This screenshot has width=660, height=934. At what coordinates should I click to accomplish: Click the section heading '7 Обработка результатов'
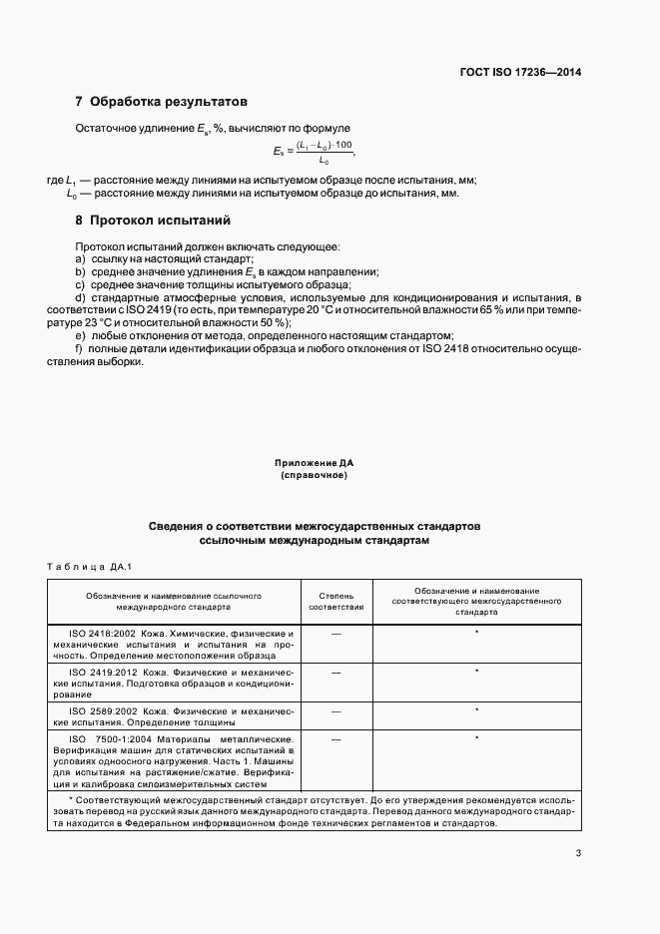click(x=161, y=102)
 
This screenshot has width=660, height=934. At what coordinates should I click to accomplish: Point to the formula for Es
click(x=314, y=153)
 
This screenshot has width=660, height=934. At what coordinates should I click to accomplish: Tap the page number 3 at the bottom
click(x=579, y=852)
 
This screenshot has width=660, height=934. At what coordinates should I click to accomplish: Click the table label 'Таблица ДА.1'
click(x=89, y=567)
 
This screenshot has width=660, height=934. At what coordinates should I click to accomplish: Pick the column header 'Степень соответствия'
click(x=335, y=601)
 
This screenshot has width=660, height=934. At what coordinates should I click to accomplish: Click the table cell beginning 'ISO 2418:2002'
click(x=175, y=645)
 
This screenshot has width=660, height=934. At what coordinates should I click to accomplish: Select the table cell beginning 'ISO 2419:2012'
click(x=175, y=684)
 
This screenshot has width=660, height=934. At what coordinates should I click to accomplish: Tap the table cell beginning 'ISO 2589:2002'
click(x=175, y=716)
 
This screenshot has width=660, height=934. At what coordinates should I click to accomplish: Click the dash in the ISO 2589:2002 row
click(x=335, y=711)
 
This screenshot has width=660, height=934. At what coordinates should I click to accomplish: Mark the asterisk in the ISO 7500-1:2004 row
click(x=477, y=737)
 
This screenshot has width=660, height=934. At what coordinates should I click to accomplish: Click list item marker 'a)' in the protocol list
click(x=81, y=258)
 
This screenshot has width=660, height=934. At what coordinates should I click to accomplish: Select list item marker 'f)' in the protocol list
click(x=80, y=349)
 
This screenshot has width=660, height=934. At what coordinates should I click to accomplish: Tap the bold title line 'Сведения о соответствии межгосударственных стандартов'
click(x=315, y=525)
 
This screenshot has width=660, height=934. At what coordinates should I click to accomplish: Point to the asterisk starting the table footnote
click(x=71, y=801)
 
